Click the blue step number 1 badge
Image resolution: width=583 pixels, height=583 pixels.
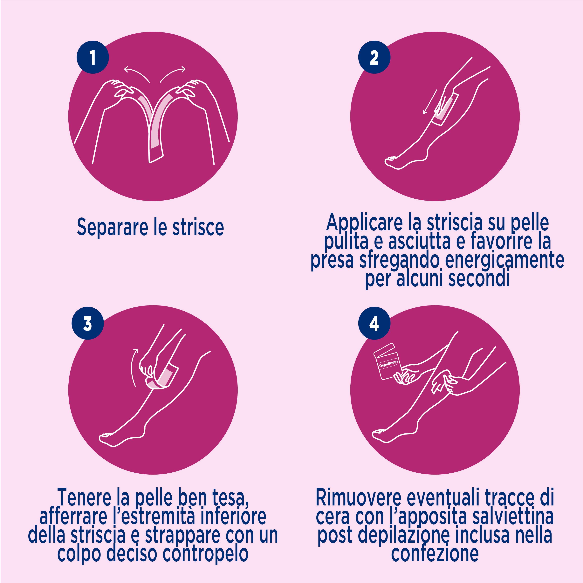(x=93, y=57)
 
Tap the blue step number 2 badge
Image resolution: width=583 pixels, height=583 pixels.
(x=374, y=57)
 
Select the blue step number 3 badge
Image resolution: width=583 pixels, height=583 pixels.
(x=87, y=324)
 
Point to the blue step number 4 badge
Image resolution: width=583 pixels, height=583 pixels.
(x=374, y=324)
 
